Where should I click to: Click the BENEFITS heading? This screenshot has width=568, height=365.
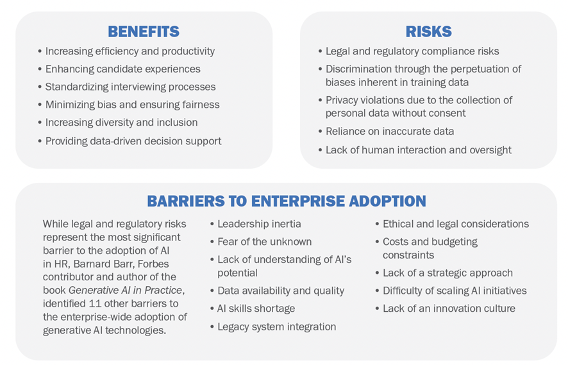[x=144, y=31]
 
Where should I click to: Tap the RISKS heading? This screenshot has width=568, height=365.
[x=428, y=31]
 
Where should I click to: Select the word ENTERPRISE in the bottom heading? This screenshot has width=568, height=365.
[x=297, y=201]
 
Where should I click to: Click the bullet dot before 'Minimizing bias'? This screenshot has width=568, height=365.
[x=40, y=105]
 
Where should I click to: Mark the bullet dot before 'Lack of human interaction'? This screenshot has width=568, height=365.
[x=321, y=150]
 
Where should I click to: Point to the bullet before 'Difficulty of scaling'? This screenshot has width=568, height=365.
[x=378, y=291]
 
